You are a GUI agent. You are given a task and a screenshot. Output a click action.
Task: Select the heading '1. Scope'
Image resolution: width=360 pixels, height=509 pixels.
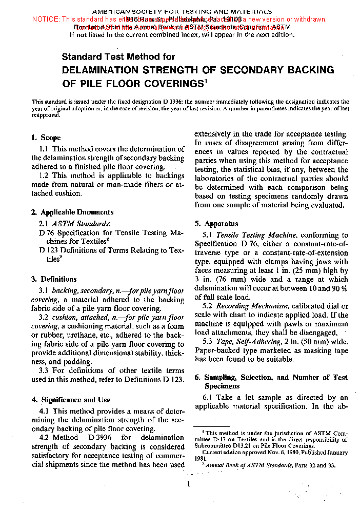click(x=46, y=138)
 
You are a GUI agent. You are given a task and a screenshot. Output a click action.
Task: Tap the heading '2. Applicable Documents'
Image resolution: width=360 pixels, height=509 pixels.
click(x=72, y=212)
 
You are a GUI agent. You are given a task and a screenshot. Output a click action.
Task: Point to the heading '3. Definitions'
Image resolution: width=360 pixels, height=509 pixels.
click(x=54, y=279)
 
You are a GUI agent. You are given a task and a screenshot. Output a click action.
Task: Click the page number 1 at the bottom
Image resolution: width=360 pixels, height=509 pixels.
click(x=189, y=484)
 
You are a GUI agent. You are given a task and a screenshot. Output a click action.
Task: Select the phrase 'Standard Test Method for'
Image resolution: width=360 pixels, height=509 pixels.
click(x=118, y=57)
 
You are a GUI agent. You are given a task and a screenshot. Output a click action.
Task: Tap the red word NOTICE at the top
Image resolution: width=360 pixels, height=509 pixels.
click(x=46, y=19)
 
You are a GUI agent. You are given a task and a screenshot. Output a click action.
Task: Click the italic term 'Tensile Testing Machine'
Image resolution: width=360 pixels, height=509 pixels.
click(x=256, y=235)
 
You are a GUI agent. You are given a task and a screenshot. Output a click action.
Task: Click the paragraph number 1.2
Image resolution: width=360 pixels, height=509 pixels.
click(x=45, y=175)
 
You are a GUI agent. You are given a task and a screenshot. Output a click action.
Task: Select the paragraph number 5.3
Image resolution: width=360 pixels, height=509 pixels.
click(x=208, y=341)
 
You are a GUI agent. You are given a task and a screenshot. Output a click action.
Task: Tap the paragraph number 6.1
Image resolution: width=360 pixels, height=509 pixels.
click(x=208, y=398)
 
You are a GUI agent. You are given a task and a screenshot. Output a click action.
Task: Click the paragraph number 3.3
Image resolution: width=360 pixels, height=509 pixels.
click(x=45, y=370)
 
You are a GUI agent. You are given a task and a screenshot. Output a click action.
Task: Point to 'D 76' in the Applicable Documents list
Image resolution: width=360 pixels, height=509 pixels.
click(x=46, y=232)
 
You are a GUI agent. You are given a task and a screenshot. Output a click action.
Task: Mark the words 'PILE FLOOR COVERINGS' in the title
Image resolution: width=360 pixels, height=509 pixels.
click(x=132, y=83)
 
